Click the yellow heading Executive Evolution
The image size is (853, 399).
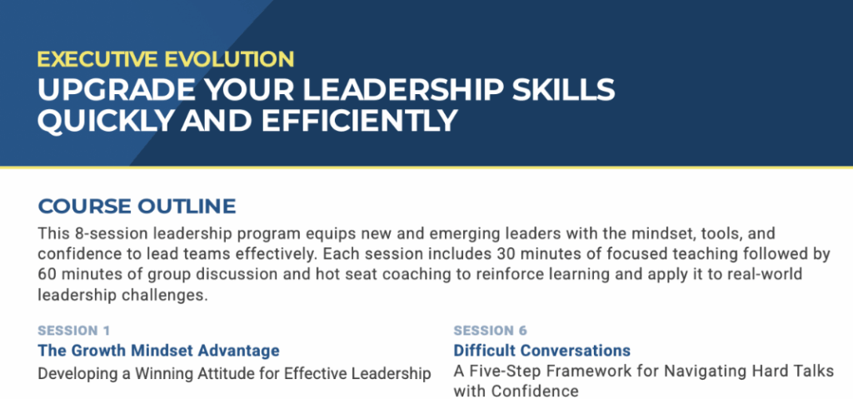[166, 59]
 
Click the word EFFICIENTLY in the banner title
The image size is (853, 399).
[359, 121]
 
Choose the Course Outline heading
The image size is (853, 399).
[137, 207]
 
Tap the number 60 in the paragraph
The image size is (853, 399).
[47, 273]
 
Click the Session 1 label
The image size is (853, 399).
[74, 331]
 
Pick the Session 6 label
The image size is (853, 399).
[490, 331]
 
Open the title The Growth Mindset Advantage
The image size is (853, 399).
[159, 350]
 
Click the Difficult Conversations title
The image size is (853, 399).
[541, 350]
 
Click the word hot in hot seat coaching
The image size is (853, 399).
[328, 273]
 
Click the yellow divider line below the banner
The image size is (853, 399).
[426, 167]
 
